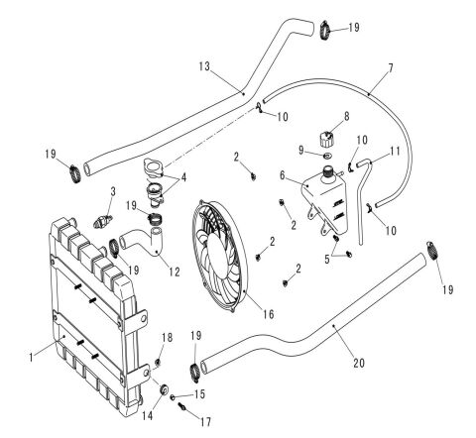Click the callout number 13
click(x=204, y=66)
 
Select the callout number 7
click(x=391, y=68)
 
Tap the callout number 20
click(x=359, y=363)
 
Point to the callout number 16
click(x=269, y=314)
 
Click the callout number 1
click(x=32, y=357)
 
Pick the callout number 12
click(x=175, y=272)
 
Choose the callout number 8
click(x=346, y=116)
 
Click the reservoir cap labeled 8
click(x=326, y=140)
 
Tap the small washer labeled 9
click(x=328, y=156)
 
